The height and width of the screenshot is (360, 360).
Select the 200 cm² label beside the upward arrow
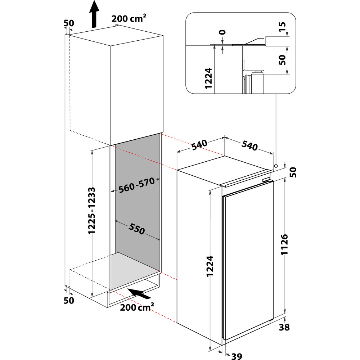coord(129,19)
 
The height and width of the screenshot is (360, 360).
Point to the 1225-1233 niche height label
coord(93,211)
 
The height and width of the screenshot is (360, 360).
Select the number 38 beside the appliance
coord(284,327)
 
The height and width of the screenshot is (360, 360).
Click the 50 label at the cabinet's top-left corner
coord(68,23)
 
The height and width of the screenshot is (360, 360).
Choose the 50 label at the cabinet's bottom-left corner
coord(68,300)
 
